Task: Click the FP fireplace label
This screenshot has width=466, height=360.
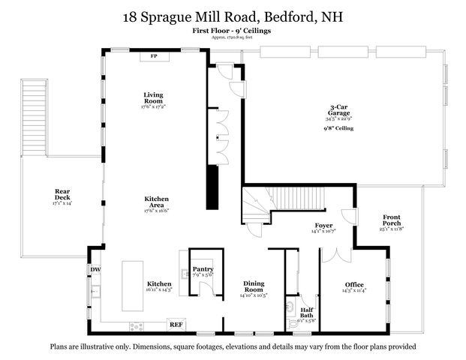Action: (154, 56)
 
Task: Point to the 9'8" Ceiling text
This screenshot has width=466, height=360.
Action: (339, 128)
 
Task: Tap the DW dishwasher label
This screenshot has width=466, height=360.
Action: (95, 269)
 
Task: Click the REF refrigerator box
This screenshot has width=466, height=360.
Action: (176, 324)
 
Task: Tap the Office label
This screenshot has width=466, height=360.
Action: (354, 284)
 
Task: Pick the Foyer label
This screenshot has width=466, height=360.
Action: (324, 224)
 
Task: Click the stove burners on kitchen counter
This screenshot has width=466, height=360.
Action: (138, 325)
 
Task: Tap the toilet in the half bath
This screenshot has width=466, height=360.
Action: (291, 307)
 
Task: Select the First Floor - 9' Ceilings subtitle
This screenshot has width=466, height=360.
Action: (232, 31)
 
